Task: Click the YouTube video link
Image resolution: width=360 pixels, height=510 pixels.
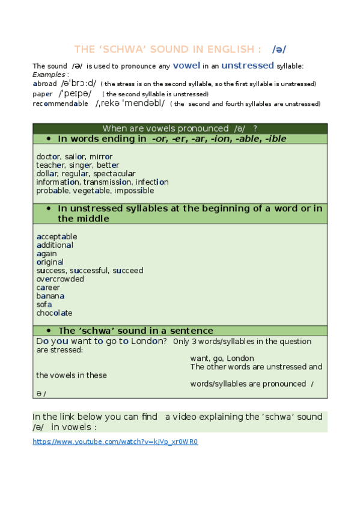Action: [115, 442]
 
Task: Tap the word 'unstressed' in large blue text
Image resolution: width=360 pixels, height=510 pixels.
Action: [248, 66]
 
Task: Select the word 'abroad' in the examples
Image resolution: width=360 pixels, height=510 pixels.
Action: [44, 84]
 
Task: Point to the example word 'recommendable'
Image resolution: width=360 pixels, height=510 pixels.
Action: [60, 103]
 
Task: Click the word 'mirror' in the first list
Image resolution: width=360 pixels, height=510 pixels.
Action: [100, 157]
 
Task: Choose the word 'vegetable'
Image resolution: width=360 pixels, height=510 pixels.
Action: [96, 191]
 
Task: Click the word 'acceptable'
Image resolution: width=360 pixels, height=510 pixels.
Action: [56, 237]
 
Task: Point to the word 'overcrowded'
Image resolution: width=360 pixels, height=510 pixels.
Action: [60, 279]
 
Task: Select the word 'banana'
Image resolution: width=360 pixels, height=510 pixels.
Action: [50, 296]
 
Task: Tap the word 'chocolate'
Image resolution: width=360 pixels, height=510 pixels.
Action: [54, 313]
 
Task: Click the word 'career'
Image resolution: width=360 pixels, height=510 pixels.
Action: [48, 287]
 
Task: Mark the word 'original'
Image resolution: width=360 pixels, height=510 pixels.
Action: [50, 262]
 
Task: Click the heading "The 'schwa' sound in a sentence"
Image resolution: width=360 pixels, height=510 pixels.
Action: [135, 331]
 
